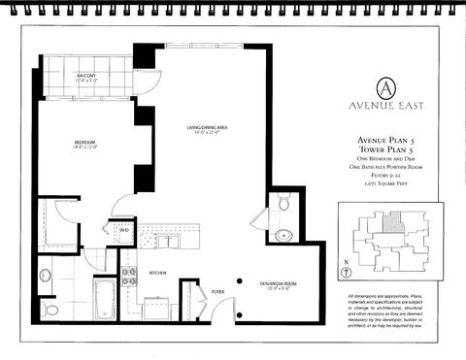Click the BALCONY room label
(x=85, y=78)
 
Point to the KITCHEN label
(x=157, y=273)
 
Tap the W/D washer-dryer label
(x=123, y=229)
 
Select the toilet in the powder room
(x=283, y=205)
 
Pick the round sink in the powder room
(x=283, y=234)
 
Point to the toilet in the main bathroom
(x=50, y=309)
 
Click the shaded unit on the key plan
(x=389, y=222)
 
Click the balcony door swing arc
(x=142, y=85)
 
